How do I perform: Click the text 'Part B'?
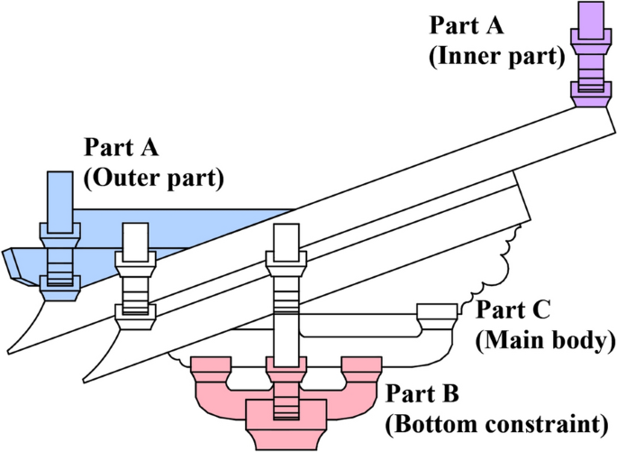click(x=422, y=394)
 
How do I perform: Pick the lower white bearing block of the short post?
click(x=135, y=315)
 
